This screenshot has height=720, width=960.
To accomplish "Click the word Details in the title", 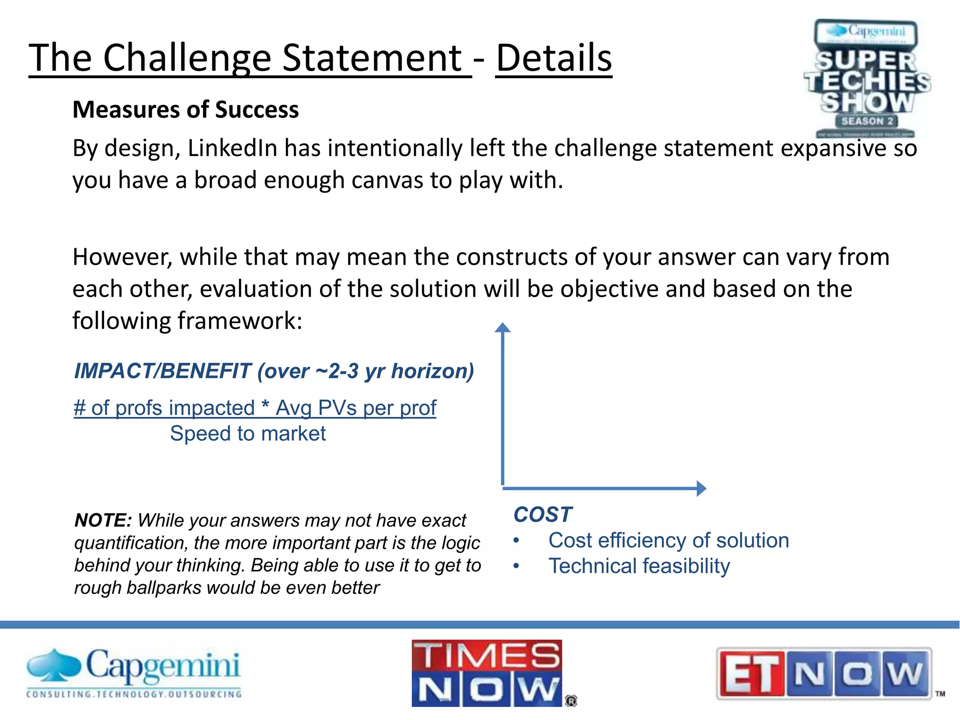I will click(554, 58).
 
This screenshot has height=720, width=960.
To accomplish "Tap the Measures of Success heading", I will click(186, 110).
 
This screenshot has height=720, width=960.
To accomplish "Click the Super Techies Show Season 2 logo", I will click(867, 79).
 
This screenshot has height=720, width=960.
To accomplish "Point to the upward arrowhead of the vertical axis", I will click(502, 327).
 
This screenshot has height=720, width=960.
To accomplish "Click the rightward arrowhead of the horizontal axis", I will click(701, 488).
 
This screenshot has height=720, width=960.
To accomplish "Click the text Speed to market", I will click(247, 433).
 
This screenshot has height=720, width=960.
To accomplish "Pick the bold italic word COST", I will click(543, 514).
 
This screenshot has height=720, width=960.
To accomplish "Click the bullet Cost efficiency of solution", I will click(668, 540).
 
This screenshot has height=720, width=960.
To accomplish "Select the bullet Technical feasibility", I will click(639, 566).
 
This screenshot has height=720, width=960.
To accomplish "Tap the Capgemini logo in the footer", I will click(134, 673).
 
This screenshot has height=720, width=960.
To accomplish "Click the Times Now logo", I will click(487, 673).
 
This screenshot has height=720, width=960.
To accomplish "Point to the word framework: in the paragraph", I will click(240, 321).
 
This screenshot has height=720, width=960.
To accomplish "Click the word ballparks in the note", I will click(164, 588).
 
